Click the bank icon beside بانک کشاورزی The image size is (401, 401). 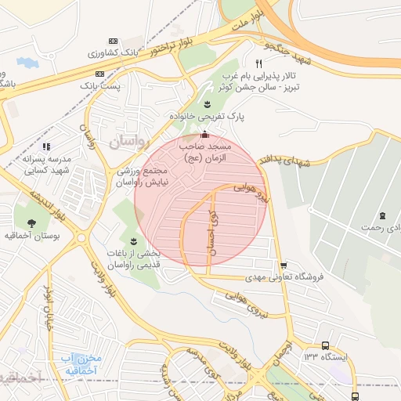click(x=113, y=40)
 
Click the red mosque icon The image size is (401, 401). click(x=205, y=135)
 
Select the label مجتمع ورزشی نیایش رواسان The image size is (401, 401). click(x=143, y=176)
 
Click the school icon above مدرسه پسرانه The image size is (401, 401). click(x=46, y=146)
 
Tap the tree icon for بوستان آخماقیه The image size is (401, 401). click(x=32, y=222)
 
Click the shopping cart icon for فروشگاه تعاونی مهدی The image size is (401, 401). click(x=283, y=265)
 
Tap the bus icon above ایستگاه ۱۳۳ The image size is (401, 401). click(x=325, y=345)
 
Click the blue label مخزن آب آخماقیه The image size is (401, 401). click(x=91, y=363)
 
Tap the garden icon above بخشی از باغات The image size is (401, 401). click(x=132, y=240)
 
